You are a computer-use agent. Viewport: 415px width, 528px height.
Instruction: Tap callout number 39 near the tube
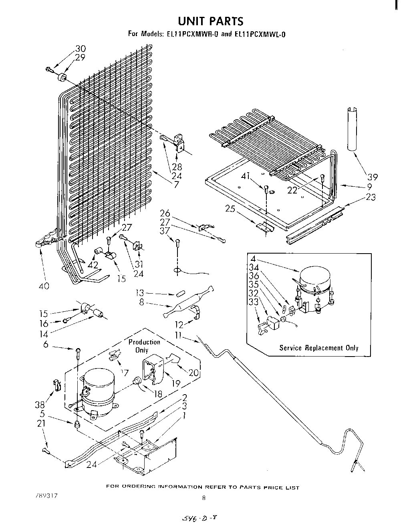[373, 177]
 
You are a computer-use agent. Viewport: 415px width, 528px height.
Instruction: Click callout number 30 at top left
[81, 49]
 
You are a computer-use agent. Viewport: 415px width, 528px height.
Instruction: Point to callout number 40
[44, 286]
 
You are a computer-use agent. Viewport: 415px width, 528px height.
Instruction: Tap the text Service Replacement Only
[318, 348]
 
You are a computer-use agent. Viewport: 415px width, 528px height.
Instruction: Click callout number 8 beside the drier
[141, 303]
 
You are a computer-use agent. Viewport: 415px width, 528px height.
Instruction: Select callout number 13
[139, 294]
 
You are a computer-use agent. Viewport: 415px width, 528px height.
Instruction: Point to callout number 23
[371, 197]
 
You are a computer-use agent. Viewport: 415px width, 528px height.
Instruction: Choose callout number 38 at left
[39, 405]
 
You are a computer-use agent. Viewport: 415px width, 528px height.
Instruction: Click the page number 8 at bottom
[204, 498]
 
